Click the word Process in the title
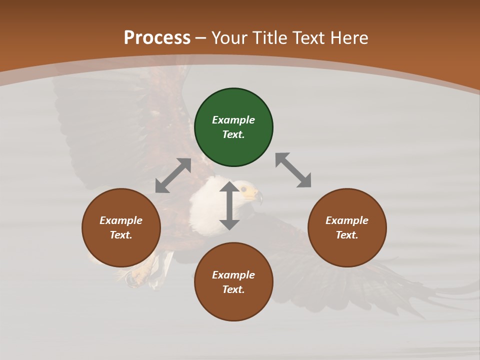point(157,38)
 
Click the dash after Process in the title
point(200,38)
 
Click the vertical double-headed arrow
point(229,206)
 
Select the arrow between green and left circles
point(173,175)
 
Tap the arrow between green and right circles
point(293,170)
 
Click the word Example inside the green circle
point(233,120)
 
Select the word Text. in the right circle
point(347,235)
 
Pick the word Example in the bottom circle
point(233,275)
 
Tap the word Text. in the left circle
point(121,235)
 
